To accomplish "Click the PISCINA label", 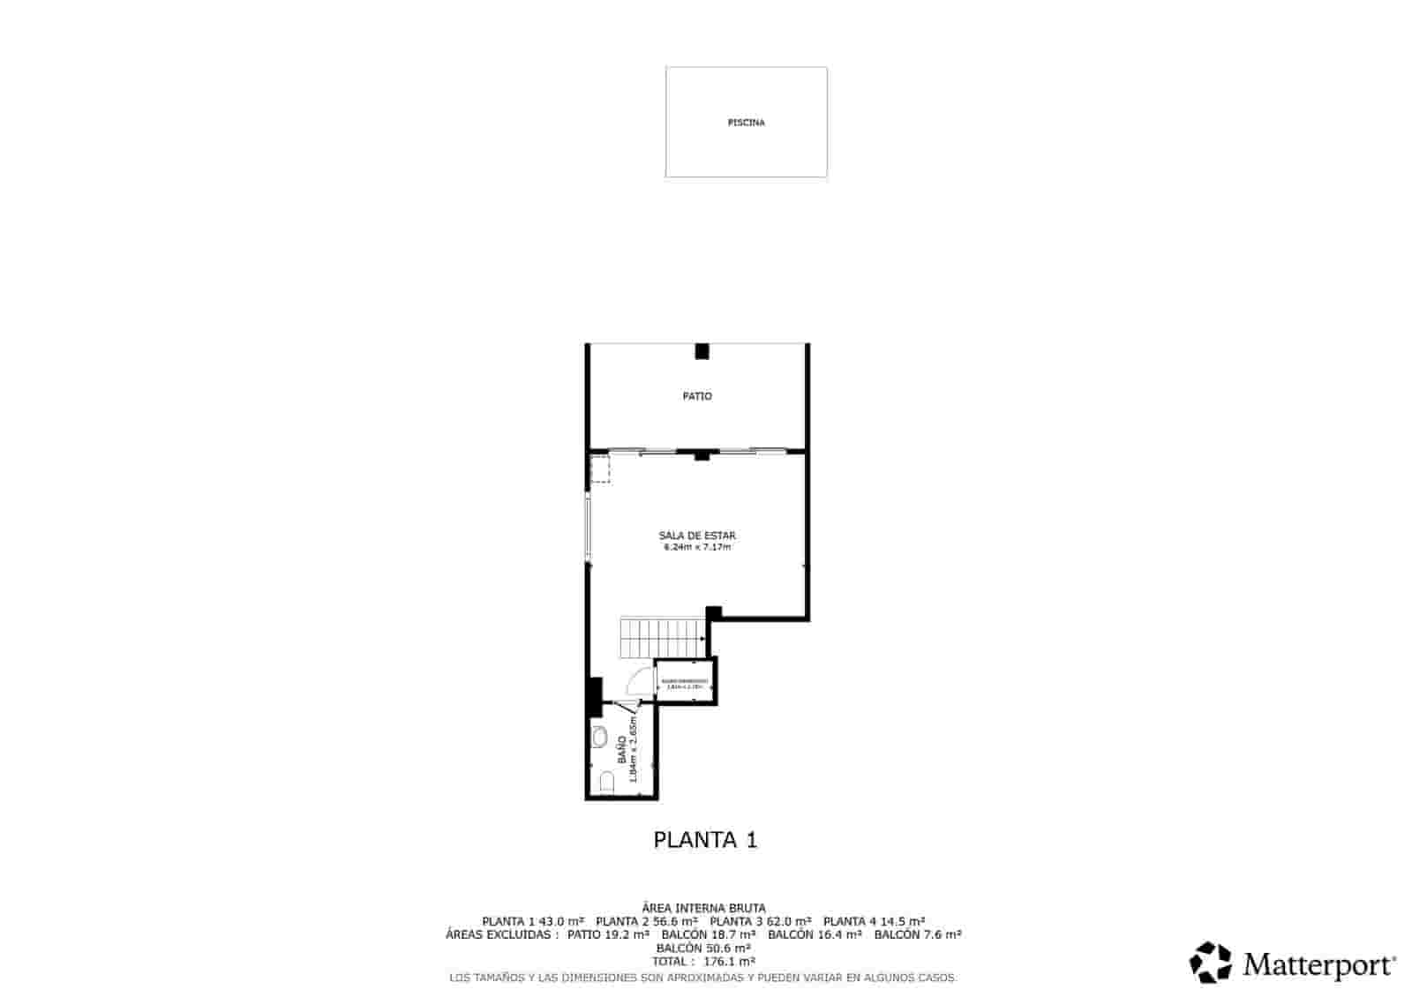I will point(746,123).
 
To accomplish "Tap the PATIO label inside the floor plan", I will point(697,396).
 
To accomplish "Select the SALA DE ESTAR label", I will point(697,536).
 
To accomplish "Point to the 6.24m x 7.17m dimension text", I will point(697,547).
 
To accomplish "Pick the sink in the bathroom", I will point(600,738).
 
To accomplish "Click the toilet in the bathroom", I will point(605,782).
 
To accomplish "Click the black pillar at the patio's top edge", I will point(702,351).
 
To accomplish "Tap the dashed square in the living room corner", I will point(600,469).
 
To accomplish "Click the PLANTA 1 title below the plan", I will point(705,839).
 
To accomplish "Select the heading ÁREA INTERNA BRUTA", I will point(704,908).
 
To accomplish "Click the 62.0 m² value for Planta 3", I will point(789,921).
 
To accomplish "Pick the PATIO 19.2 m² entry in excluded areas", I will point(609,934).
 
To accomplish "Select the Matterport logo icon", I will point(1211,963).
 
